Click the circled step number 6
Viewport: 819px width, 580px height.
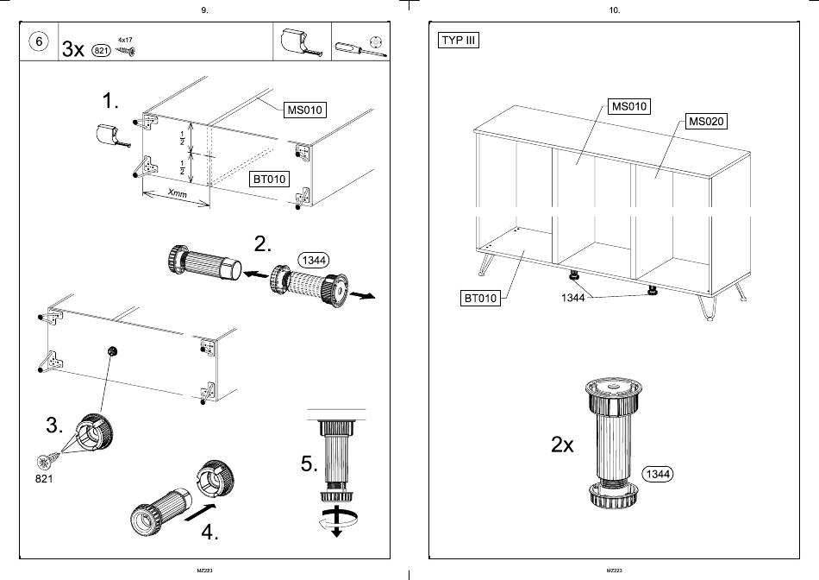coord(39,41)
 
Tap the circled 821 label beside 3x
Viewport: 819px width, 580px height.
coord(102,50)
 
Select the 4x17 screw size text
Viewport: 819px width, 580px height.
coord(125,40)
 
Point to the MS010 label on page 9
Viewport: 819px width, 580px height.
coord(305,110)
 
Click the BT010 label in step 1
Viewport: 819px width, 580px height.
coord(270,179)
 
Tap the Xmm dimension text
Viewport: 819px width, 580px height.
coord(178,193)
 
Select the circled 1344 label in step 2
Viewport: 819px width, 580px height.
coord(314,260)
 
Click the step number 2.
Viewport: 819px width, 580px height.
coord(263,244)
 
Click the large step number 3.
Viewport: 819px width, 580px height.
coord(55,426)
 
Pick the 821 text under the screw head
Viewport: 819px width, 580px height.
coord(44,478)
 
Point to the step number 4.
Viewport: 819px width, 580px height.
coord(210,533)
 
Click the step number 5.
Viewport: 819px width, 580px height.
coord(309,463)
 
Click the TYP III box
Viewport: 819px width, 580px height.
coord(459,41)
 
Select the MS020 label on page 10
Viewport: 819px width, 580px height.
coord(706,122)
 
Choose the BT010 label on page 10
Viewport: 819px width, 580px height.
coord(480,298)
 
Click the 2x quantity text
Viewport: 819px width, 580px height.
coord(563,444)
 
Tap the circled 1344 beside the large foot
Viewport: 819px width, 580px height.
coord(658,474)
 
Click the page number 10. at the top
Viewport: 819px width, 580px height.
coord(615,10)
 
